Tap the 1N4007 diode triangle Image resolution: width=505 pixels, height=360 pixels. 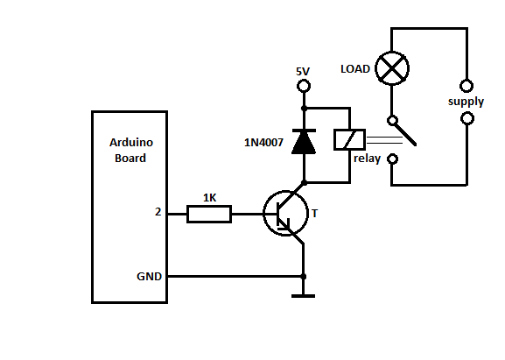coord(304,142)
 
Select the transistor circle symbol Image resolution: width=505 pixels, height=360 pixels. coord(263,214)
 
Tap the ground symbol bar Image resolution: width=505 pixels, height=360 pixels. coord(303,296)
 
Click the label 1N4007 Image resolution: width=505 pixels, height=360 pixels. coord(263,143)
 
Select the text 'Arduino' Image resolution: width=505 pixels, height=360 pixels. coord(131,143)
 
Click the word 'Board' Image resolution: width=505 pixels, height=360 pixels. coord(130,159)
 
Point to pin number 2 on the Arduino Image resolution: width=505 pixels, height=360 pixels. coord(158,212)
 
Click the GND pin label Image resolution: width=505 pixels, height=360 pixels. coord(149,277)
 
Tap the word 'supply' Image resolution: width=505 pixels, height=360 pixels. coord(466,102)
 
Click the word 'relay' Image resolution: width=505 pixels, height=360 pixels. coord(368,159)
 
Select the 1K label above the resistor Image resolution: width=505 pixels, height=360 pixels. coord(210,198)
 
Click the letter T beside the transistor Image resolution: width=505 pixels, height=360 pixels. coord(315,214)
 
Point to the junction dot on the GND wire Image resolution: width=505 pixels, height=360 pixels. coord(303,277)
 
